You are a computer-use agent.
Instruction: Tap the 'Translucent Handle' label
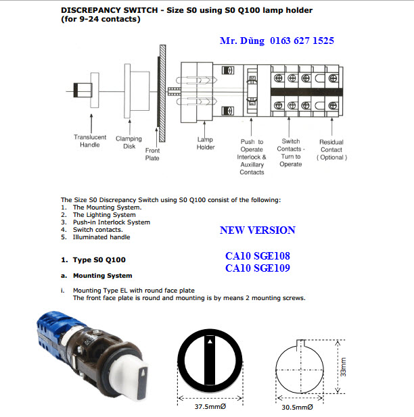click(x=90, y=141)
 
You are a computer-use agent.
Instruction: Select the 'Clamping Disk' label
click(x=129, y=143)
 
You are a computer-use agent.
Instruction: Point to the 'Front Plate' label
click(x=152, y=155)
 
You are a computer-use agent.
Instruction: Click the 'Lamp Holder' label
click(x=206, y=143)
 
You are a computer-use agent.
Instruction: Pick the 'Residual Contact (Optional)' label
click(x=331, y=149)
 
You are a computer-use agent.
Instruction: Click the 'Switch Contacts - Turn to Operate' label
click(x=291, y=153)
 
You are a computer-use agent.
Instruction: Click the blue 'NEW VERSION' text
click(x=257, y=230)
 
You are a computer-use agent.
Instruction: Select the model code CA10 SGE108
click(x=257, y=257)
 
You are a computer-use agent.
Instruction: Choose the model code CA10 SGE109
click(x=257, y=268)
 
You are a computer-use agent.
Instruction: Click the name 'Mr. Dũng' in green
click(x=242, y=41)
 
